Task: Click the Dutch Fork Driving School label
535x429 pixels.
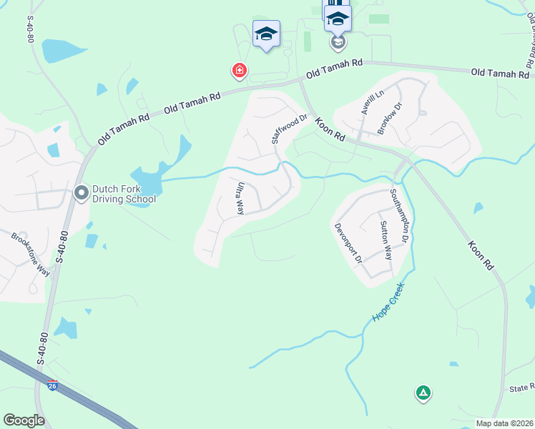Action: tap(124, 193)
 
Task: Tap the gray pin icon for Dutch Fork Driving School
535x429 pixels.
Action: tap(82, 192)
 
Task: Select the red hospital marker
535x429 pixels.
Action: tap(239, 70)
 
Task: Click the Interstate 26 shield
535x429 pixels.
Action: tap(51, 386)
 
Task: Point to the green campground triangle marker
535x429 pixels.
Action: tap(423, 392)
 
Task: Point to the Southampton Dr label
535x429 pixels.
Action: tap(399, 215)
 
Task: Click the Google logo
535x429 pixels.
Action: tap(24, 420)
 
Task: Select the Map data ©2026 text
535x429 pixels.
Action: tap(505, 423)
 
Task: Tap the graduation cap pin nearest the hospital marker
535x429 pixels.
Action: tap(266, 33)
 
